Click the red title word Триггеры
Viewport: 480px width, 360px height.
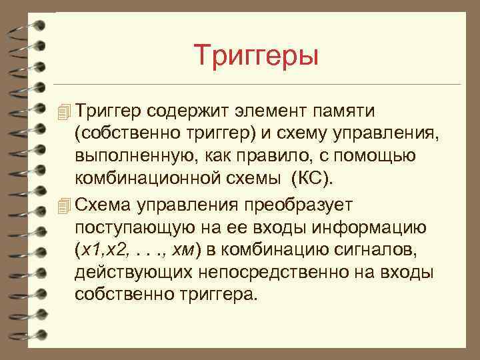click(x=257, y=55)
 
